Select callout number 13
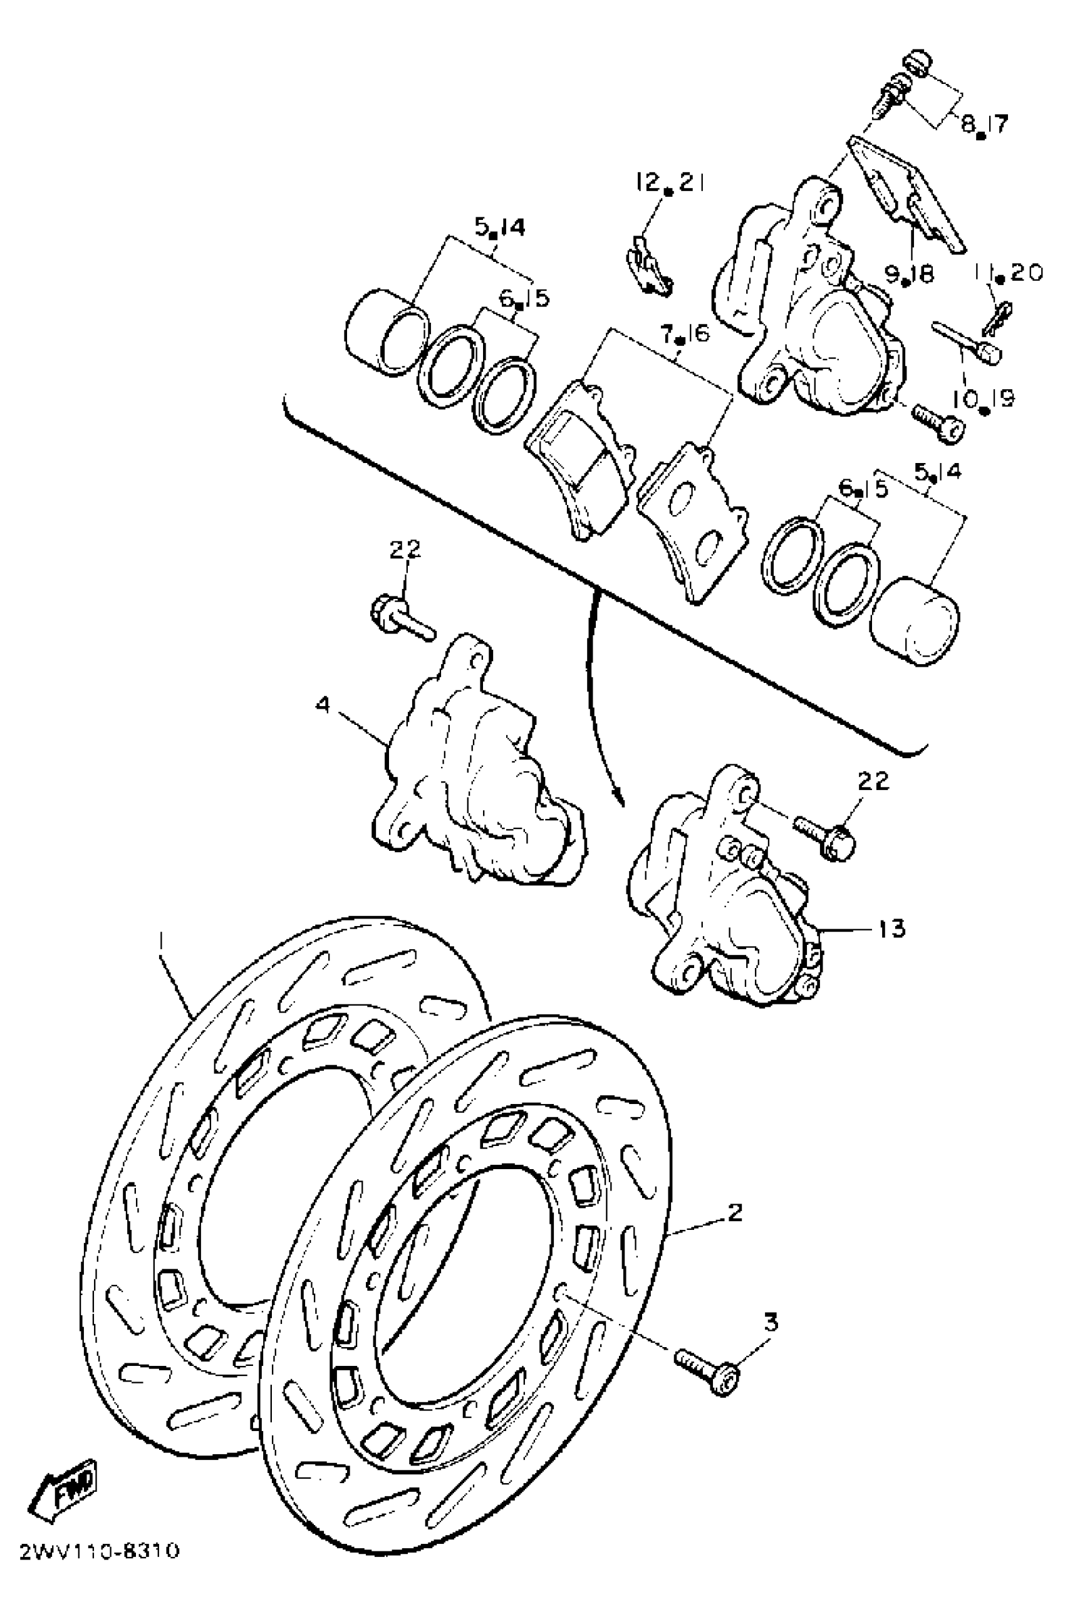(892, 928)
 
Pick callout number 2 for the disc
(734, 1212)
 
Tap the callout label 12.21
(670, 183)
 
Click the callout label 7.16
(685, 334)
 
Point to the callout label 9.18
(909, 274)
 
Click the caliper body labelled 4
(475, 781)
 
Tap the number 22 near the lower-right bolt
(873, 781)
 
